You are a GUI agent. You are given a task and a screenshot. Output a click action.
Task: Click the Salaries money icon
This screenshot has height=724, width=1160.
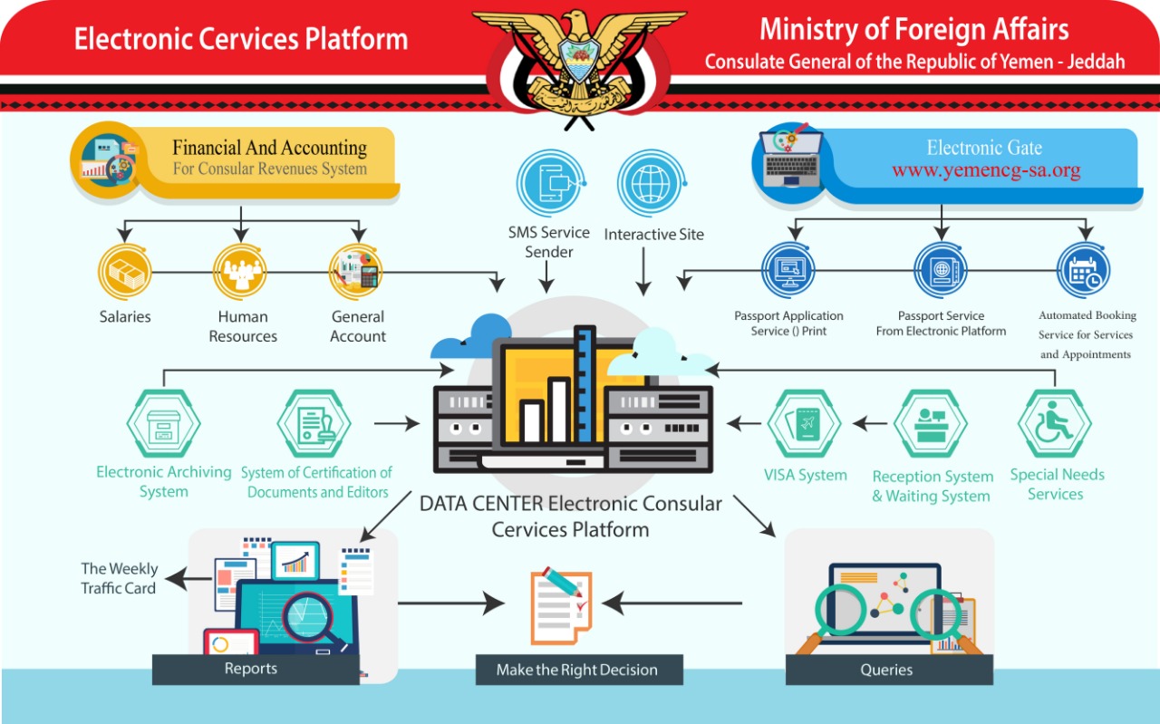click(124, 271)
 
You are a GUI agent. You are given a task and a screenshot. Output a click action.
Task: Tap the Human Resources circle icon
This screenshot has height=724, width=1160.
click(240, 271)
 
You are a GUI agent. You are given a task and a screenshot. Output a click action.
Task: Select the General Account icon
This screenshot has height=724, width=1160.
click(355, 271)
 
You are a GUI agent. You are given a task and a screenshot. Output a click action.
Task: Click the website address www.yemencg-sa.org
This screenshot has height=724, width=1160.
click(986, 170)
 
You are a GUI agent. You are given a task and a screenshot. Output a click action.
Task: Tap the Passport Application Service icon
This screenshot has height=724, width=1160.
click(788, 271)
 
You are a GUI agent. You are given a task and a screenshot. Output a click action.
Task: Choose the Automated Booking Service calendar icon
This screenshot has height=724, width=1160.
click(1083, 271)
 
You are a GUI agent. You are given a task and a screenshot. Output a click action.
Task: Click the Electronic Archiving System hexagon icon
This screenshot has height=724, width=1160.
click(164, 423)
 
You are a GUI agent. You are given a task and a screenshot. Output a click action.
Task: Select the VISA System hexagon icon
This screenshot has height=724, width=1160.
click(805, 424)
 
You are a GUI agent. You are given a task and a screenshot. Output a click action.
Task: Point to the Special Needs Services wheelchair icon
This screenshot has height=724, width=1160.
click(1055, 424)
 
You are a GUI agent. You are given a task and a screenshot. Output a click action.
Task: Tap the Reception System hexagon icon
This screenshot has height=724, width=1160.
click(931, 424)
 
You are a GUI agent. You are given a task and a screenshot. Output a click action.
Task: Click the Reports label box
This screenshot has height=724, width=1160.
click(251, 669)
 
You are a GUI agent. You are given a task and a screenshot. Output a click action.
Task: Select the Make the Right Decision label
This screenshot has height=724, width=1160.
click(577, 671)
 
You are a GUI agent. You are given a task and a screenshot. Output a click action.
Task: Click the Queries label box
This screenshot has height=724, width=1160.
click(886, 670)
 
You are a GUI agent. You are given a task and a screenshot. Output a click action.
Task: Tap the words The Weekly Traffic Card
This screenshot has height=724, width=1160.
click(119, 578)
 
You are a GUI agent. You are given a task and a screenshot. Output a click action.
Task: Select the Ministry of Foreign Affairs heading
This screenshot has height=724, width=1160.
click(913, 30)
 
